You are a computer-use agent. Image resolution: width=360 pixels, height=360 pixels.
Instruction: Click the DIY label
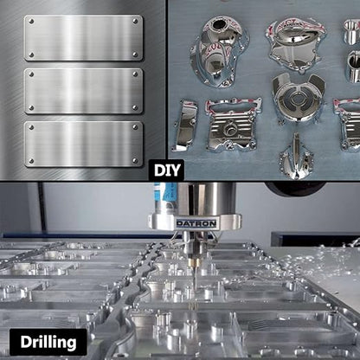pos(166,170)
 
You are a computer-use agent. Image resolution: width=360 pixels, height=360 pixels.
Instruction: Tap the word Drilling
pos(48,342)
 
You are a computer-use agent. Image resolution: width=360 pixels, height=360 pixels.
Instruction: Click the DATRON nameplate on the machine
pos(196,223)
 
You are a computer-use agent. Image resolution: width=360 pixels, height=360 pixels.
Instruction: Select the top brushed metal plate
pos(83,38)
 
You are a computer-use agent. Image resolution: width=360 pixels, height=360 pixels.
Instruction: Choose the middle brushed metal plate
pos(83,91)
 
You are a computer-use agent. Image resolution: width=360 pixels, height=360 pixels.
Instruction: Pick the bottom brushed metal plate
pos(83,144)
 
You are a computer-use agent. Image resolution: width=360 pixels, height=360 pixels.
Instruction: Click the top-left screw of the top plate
pos(31,22)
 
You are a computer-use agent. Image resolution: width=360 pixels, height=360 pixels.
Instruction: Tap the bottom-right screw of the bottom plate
pos(135,160)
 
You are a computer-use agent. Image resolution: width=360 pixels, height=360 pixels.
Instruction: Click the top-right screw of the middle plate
pos(135,74)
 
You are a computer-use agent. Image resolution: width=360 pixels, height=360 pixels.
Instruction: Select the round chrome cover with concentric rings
pos(299,97)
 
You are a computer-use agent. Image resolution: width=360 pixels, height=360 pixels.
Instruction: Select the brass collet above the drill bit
pos(194,262)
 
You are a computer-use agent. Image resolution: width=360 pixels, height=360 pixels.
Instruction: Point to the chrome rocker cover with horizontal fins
pos(233,125)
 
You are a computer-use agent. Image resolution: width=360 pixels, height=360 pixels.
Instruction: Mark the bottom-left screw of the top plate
pos(31,55)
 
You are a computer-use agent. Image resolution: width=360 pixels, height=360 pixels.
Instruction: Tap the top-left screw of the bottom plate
pos(31,127)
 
